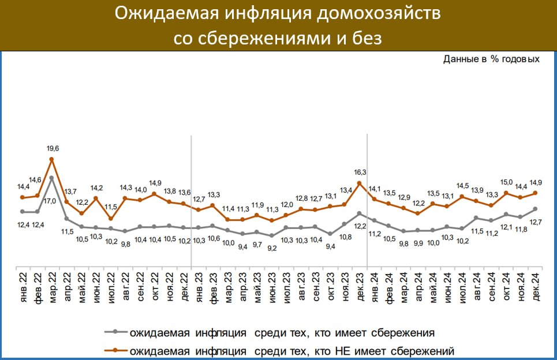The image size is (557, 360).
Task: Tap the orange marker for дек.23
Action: point(359,183)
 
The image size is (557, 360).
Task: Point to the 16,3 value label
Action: point(359,172)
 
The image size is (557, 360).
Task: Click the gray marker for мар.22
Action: point(52,178)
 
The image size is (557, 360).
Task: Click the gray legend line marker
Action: point(115,332)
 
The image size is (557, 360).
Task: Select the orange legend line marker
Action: point(115,350)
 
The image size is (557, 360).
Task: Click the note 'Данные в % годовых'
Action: point(491,59)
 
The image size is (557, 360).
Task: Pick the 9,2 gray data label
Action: point(271,248)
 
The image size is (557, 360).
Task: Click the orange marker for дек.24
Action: point(536,193)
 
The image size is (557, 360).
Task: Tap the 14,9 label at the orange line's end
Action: point(536,182)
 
